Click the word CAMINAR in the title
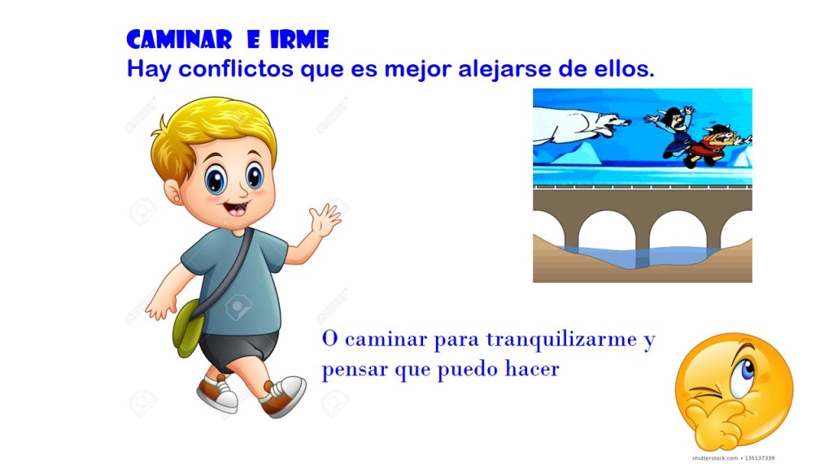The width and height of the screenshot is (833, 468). coord(179,40)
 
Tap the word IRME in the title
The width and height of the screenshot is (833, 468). coord(299,40)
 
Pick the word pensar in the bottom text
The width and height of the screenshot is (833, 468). coord(355,370)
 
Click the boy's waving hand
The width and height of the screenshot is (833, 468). coord(325,220)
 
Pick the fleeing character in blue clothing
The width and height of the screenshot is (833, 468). coord(673,130)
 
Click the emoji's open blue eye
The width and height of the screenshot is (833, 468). coord(744,375)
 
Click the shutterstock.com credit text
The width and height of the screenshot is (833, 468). coord(733,458)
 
